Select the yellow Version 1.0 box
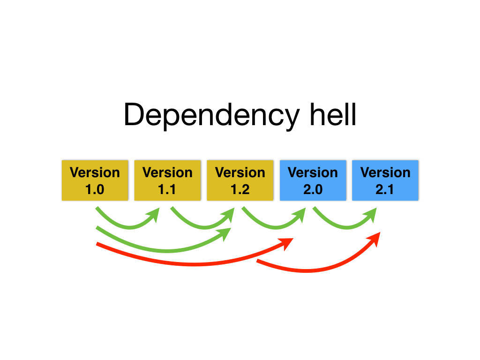tap(95, 180)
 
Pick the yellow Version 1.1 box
tap(167, 180)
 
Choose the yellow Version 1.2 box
tap(240, 180)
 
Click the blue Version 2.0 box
tap(313, 180)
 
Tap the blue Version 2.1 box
tap(385, 180)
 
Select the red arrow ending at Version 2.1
tap(309, 271)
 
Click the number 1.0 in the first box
tap(95, 190)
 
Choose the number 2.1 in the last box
tap(385, 190)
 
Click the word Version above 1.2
tap(240, 172)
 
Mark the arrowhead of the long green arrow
tap(226, 233)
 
